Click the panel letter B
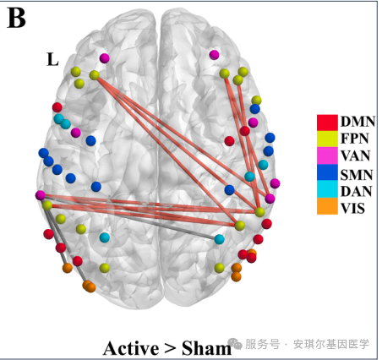point(16,18)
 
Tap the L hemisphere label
point(52,59)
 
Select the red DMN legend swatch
point(327,123)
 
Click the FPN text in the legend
point(355,139)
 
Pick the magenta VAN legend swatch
point(327,155)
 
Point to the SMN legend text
point(357,175)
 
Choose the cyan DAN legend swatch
point(327,189)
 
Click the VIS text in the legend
point(352,209)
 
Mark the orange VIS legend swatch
point(327,206)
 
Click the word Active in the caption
point(131,348)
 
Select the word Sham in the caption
point(206,348)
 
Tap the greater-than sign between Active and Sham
point(171,349)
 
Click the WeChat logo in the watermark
point(235,343)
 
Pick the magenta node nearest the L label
point(104,58)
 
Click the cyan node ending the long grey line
point(219,239)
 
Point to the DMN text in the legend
point(357,122)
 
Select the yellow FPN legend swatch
point(327,139)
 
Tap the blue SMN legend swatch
point(327,172)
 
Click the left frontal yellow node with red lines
point(94,75)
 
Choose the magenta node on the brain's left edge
point(41,195)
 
